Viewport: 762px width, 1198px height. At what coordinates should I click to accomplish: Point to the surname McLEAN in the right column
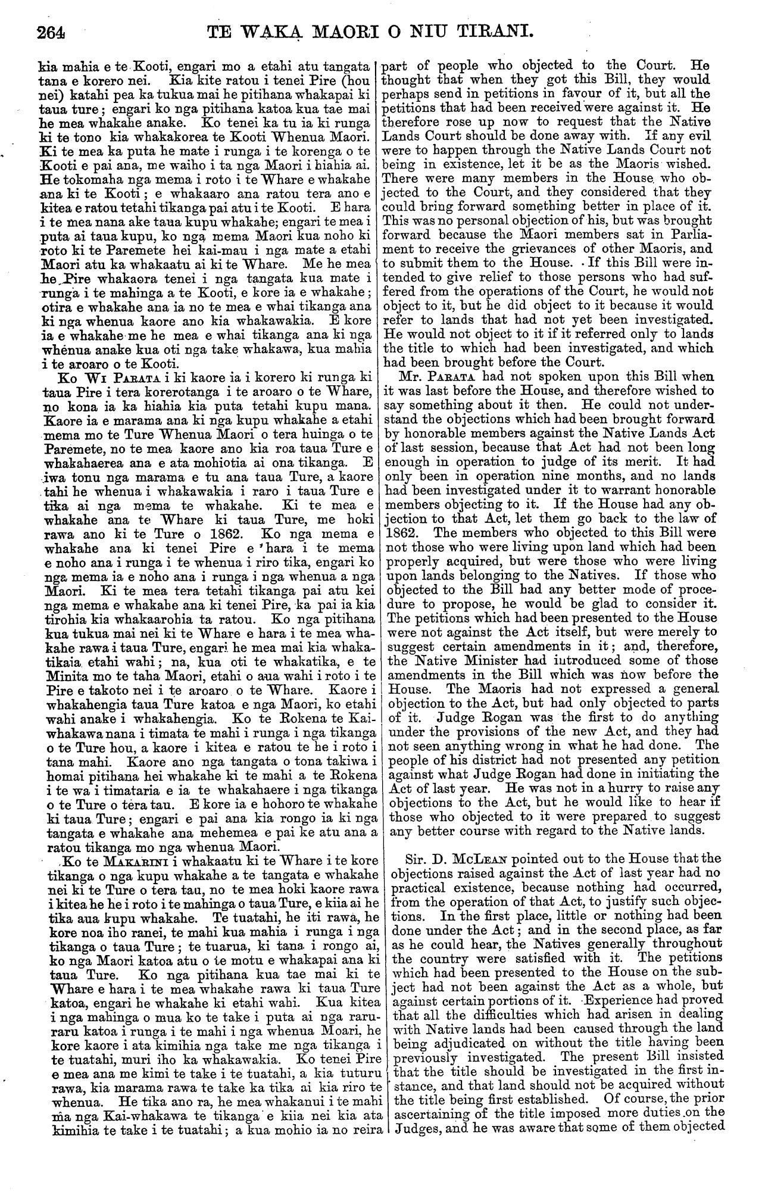point(470,859)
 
